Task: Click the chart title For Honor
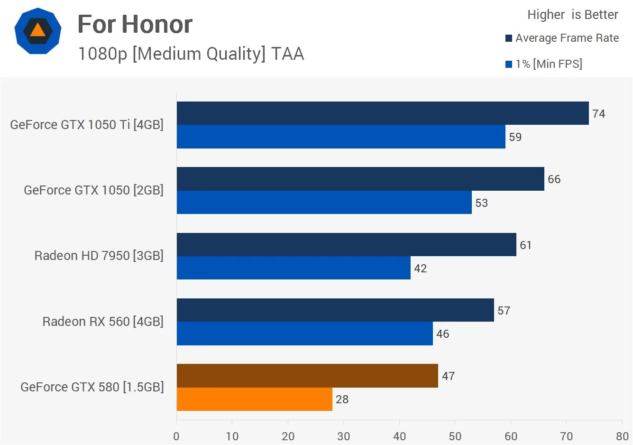coord(135,24)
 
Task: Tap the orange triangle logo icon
coord(37,30)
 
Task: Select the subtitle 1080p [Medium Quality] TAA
coord(191,54)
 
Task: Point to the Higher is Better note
coord(572,15)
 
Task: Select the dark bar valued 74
coord(382,113)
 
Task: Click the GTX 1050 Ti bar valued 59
coord(340,137)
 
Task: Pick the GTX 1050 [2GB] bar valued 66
coord(360,179)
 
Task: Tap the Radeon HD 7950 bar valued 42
coord(294,268)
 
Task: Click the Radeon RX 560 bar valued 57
coord(335,310)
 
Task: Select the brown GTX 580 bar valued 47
coord(307,376)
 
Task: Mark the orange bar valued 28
coord(254,399)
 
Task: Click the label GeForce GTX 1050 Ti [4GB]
coord(87,125)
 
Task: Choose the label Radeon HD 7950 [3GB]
coord(99,256)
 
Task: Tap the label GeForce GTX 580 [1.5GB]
coord(92,387)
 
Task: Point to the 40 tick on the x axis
coord(399,436)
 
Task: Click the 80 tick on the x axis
coord(622,436)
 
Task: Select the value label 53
coord(481,203)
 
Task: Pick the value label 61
coord(525,245)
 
